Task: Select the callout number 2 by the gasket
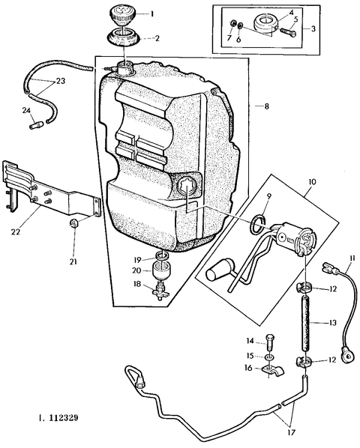pyautogui.click(x=157, y=38)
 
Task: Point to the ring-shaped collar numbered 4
pyautogui.click(x=265, y=22)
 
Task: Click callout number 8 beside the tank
pyautogui.click(x=266, y=106)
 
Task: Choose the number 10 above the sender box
pyautogui.click(x=312, y=182)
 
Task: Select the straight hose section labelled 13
pyautogui.click(x=307, y=321)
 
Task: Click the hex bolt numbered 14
pyautogui.click(x=271, y=342)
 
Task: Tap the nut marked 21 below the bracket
pyautogui.click(x=74, y=223)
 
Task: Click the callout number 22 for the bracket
pyautogui.click(x=15, y=231)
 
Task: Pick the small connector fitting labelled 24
pyautogui.click(x=36, y=125)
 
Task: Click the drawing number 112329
pyautogui.click(x=64, y=418)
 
